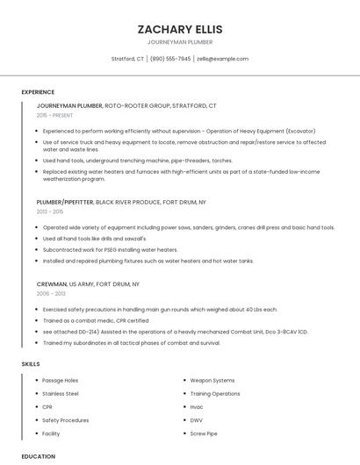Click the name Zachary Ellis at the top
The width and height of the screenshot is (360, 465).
coord(180,29)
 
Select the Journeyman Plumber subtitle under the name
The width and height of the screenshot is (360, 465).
coord(180,42)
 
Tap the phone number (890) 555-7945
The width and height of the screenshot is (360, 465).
coord(170,59)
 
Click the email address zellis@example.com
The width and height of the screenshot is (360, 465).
coord(223,59)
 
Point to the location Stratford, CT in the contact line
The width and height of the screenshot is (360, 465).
coord(127,59)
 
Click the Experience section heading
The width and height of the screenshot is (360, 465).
coord(38,92)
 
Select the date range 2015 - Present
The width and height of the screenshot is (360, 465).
coord(54,115)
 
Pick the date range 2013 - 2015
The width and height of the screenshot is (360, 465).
coord(50,211)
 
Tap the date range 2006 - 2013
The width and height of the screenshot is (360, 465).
coord(50,294)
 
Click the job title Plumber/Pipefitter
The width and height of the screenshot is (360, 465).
coord(65,202)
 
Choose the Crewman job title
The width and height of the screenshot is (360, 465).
coord(52,284)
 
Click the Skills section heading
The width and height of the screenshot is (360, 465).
coord(31,363)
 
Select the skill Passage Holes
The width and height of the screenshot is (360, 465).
coord(61,381)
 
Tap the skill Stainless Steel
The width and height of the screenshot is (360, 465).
coord(61,394)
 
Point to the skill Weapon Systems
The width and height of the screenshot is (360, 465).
coord(212,381)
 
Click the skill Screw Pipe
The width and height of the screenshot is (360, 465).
coord(204,433)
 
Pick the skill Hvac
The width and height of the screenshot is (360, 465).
coord(197,407)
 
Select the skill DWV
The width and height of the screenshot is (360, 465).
coord(197,420)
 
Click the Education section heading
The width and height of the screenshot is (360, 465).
coord(38,456)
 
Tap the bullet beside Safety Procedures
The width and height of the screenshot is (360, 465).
coord(35,420)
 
